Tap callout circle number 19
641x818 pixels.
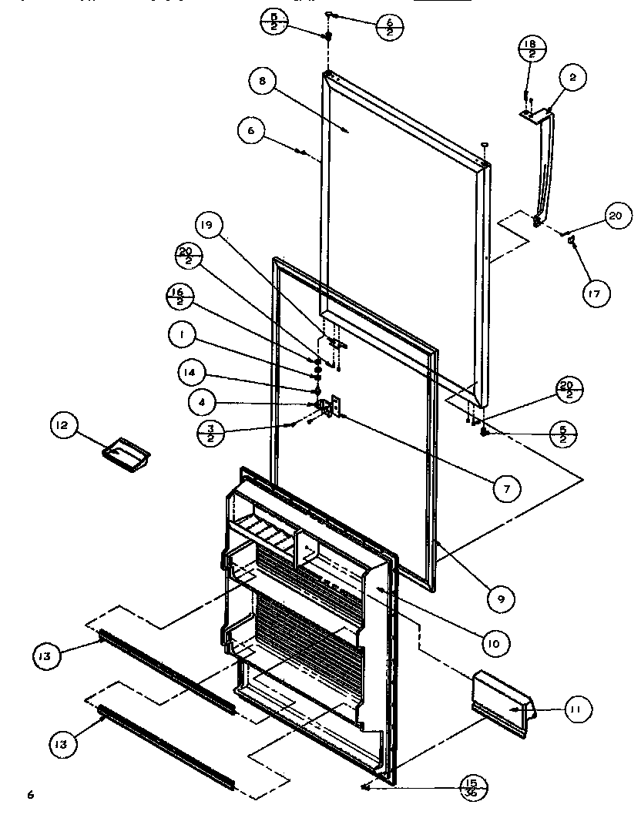[x=208, y=226]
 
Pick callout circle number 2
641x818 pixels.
[x=572, y=78]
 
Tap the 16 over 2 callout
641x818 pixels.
[x=177, y=297]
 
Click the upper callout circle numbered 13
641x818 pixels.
[x=45, y=656]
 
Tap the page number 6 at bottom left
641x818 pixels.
[x=32, y=794]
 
